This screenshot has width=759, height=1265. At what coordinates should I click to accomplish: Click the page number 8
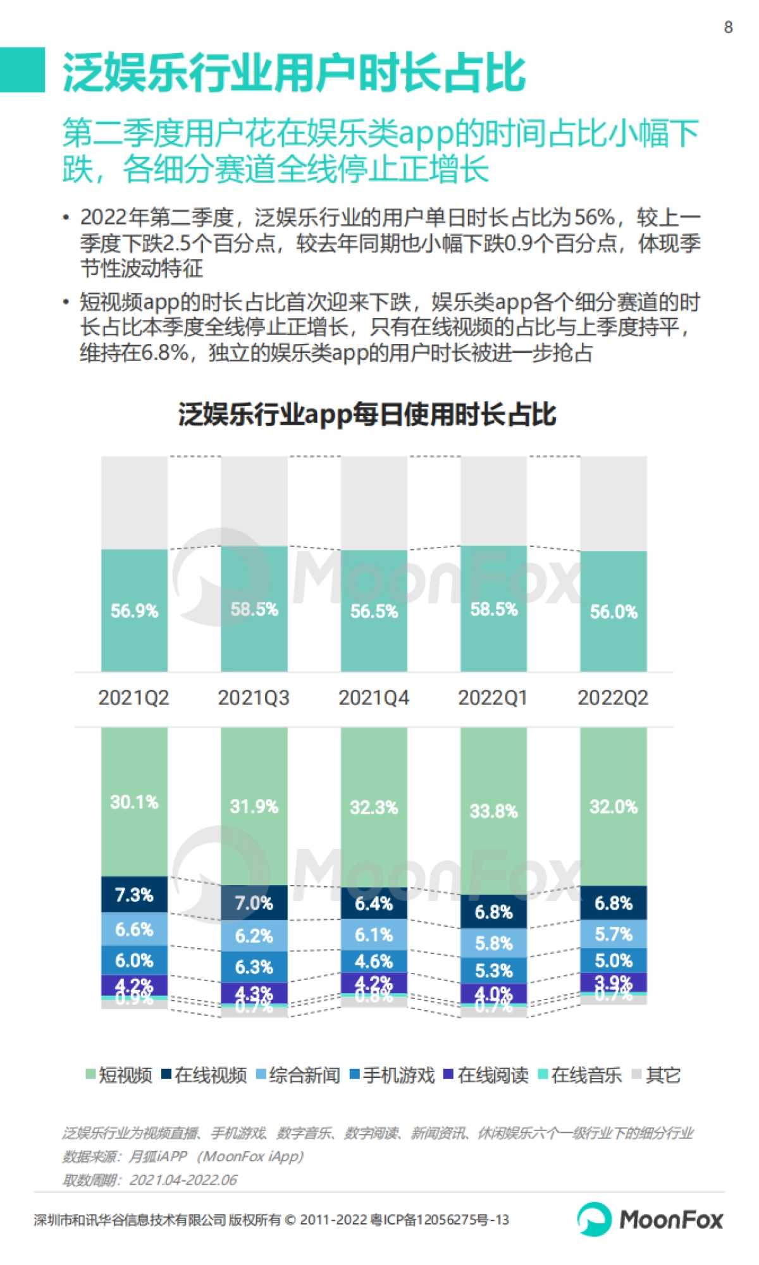click(x=728, y=27)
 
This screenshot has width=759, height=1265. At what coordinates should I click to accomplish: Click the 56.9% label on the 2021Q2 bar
click(x=134, y=611)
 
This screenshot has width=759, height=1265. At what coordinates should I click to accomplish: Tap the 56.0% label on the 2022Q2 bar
click(x=614, y=611)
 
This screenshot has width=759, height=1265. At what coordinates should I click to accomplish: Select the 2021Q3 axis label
click(x=254, y=698)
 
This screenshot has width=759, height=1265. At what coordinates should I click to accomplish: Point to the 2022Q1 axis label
click(x=493, y=698)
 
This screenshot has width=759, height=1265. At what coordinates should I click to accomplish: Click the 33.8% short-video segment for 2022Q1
click(x=493, y=811)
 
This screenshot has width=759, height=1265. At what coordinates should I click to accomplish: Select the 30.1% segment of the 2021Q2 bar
click(x=134, y=802)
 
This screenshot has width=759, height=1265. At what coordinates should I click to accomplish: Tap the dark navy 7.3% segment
click(x=134, y=895)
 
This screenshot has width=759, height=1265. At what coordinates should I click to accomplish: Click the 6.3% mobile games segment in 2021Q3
click(x=254, y=967)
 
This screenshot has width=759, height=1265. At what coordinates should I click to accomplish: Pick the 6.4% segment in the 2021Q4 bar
click(x=374, y=903)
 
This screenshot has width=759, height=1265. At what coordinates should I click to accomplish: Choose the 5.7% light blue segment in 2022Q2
click(x=614, y=934)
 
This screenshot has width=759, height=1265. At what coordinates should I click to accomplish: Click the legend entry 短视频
click(x=120, y=1075)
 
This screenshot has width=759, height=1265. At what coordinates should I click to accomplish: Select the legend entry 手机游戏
click(x=393, y=1075)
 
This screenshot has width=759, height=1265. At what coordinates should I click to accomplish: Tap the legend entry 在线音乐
click(x=580, y=1075)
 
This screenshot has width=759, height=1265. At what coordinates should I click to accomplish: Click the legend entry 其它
click(x=657, y=1075)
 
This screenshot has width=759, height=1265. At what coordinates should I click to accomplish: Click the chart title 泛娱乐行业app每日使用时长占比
click(x=367, y=415)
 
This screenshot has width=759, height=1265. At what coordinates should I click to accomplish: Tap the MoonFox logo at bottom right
click(x=650, y=1219)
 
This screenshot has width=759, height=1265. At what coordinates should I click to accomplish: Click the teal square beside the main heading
click(x=22, y=70)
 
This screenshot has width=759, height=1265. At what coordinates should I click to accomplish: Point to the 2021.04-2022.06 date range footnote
click(x=183, y=1180)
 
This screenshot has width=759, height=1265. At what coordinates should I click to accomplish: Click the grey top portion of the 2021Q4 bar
click(x=374, y=503)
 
